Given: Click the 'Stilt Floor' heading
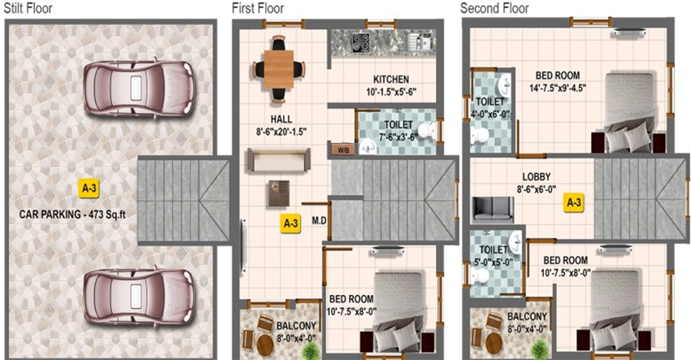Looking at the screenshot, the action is click(28, 8).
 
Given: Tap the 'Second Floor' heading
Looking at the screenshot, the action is click(494, 8).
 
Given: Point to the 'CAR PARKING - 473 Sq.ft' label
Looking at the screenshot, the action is click(72, 215).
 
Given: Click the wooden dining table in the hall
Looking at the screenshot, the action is click(279, 69).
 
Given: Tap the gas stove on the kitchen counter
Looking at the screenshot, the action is click(361, 41).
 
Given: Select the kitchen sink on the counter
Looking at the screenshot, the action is click(419, 41).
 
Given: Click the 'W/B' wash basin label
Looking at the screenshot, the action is click(343, 150).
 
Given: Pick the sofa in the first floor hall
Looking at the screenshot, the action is click(279, 159).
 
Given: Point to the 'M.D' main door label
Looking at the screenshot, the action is click(319, 220).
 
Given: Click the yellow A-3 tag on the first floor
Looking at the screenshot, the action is click(290, 223).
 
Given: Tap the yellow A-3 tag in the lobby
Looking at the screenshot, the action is click(574, 202).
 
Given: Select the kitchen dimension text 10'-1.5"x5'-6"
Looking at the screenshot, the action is click(391, 92).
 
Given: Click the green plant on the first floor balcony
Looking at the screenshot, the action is click(312, 350).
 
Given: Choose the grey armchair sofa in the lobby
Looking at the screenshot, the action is click(493, 210).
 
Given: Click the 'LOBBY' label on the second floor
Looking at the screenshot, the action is click(537, 176).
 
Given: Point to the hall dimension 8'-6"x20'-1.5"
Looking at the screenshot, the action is click(281, 132).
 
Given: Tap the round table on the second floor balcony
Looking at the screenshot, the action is click(493, 343).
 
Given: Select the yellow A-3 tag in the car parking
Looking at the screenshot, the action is click(89, 189).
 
